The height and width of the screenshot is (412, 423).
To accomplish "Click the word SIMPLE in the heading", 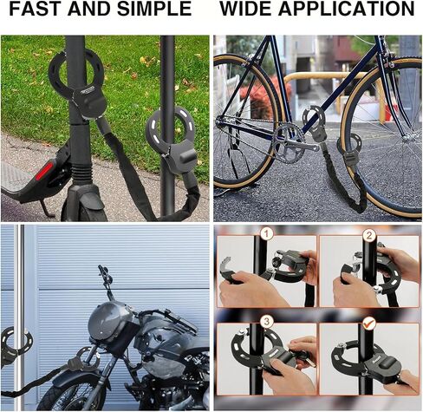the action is point(154,9).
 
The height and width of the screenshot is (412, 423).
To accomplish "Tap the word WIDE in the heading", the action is point(245,9).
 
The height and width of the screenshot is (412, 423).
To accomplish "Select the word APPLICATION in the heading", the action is point(347,9).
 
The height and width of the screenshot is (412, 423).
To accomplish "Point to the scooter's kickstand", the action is point(46,208).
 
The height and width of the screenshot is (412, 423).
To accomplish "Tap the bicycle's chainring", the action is point(287,142).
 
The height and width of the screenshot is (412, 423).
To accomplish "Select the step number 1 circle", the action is point(267,233).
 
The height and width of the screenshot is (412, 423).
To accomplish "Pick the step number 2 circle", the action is point(369,235).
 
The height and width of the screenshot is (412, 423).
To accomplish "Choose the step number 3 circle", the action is point(267,322).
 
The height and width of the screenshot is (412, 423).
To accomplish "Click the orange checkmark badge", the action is point(368,323).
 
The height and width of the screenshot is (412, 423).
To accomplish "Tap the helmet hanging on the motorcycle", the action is point(111,324).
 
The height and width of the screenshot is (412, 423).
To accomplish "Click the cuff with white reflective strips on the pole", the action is point(172,141).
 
